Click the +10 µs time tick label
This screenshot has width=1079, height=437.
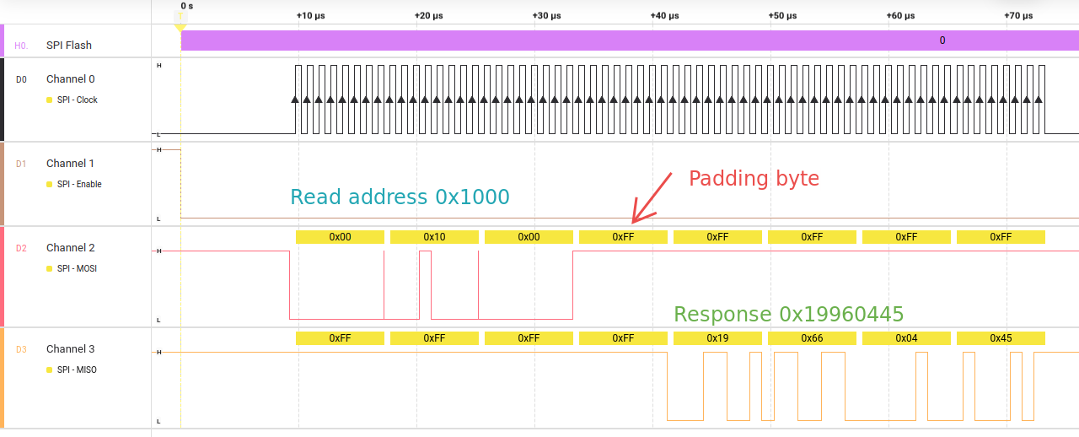[310, 15]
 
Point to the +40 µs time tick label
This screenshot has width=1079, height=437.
[664, 15]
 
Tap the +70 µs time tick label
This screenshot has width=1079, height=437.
[1018, 15]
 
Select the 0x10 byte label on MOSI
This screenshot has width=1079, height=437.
[434, 237]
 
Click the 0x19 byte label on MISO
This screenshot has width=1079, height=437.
[717, 338]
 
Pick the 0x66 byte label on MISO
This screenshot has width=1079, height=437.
[812, 338]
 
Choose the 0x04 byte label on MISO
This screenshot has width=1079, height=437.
[906, 338]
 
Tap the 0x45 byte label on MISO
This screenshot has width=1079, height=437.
[1001, 338]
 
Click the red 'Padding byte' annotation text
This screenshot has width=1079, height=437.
[754, 179]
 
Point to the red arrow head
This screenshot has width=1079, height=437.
[636, 220]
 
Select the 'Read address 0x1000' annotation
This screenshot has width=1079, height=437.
[400, 197]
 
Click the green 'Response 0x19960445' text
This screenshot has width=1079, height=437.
[788, 315]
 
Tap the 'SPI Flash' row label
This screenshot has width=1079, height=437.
[69, 46]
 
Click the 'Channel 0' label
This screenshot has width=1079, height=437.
[70, 79]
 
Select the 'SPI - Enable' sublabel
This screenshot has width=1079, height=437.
[79, 184]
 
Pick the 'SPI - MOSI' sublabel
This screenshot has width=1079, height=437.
[77, 268]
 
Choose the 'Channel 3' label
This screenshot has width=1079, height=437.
[70, 349]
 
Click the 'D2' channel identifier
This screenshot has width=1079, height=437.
[21, 248]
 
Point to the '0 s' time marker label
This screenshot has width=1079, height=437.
[187, 6]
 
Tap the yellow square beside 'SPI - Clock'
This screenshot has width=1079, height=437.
[49, 100]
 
